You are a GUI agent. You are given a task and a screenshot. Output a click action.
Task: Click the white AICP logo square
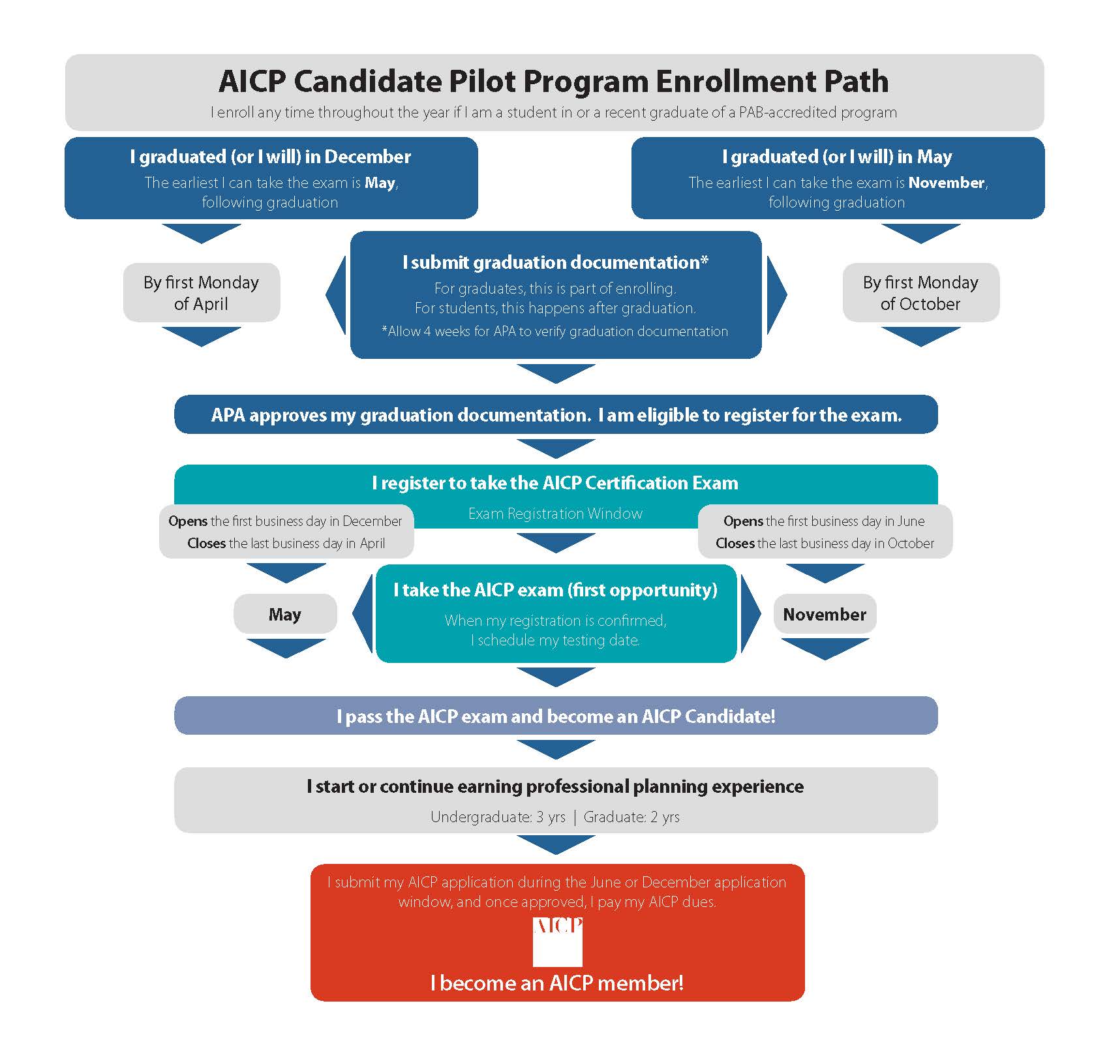click(x=557, y=942)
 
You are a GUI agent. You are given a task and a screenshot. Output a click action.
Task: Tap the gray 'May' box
click(x=285, y=614)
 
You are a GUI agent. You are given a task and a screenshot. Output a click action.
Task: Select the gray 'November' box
click(x=825, y=614)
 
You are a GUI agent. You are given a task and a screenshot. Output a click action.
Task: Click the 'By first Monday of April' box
click(x=201, y=293)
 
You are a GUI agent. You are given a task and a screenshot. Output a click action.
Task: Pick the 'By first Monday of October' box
click(x=920, y=293)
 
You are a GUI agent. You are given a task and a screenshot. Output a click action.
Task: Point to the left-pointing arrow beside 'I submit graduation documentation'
click(x=337, y=294)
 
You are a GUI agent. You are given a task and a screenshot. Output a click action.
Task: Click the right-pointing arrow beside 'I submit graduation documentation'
click(x=776, y=294)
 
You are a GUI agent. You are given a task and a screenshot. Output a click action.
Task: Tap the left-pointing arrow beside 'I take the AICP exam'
click(x=363, y=613)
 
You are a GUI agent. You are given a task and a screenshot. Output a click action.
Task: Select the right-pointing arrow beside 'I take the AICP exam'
click(x=750, y=613)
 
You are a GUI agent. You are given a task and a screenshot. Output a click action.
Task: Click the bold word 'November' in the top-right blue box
click(x=946, y=183)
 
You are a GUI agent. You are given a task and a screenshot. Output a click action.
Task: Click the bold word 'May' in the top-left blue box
click(x=380, y=183)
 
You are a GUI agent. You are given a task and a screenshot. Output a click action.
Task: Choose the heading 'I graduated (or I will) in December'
click(x=270, y=157)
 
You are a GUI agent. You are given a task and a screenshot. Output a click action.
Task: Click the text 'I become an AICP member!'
click(x=557, y=983)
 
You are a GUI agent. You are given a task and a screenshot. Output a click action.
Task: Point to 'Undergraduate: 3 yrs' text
click(x=498, y=817)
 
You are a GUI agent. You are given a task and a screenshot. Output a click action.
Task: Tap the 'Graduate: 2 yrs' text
click(x=631, y=817)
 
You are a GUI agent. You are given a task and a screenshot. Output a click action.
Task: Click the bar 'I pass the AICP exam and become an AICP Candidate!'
click(x=556, y=716)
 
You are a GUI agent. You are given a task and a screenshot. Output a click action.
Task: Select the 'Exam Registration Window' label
click(x=555, y=514)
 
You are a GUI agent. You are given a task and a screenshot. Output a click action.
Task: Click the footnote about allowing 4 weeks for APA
click(x=554, y=331)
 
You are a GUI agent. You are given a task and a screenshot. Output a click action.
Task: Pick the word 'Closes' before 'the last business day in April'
click(x=206, y=543)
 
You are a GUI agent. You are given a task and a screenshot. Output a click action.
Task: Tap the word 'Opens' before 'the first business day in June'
click(x=743, y=521)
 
